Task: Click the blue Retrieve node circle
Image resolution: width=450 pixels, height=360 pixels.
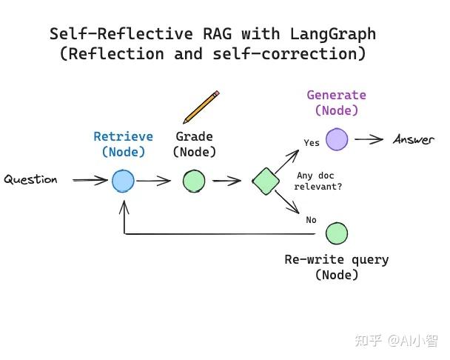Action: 124,181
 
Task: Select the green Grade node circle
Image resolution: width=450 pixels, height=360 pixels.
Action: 194,181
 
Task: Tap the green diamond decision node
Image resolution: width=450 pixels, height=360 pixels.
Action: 265,180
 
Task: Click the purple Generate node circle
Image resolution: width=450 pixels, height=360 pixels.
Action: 337,139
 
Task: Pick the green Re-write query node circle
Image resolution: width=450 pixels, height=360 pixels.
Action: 336,233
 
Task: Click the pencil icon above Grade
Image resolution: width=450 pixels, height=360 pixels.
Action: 201,107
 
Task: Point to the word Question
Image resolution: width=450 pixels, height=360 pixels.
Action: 30,180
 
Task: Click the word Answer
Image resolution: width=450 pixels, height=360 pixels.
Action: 414,140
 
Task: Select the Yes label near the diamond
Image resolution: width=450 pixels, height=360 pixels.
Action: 312,143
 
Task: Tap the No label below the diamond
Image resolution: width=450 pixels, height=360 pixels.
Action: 311,220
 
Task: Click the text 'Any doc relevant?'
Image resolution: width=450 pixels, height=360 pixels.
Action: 318,181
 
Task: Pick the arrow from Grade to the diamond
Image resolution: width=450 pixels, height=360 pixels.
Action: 227,181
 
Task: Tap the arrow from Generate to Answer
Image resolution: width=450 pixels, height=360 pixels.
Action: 369,139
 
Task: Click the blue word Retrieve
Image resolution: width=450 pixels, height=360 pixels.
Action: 123,136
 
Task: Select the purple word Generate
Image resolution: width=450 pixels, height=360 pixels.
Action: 336,95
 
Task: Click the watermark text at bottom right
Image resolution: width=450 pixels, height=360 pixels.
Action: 396,340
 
